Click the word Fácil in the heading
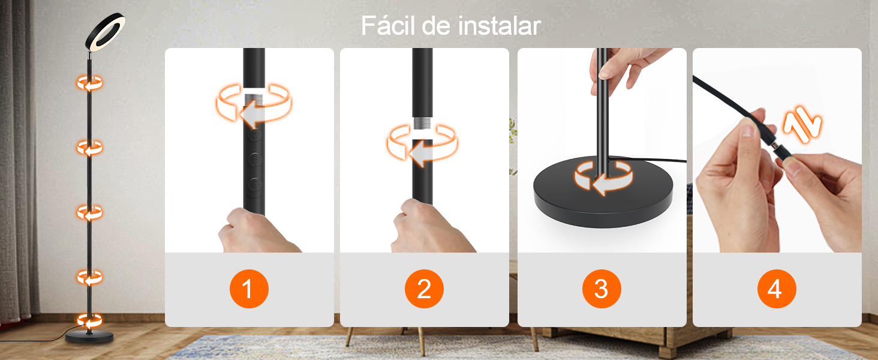point(387,25)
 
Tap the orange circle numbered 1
point(249,289)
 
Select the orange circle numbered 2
point(424,289)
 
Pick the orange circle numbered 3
point(602,289)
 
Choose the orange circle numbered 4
point(777,289)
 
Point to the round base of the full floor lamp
point(89,337)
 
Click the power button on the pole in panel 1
point(255,136)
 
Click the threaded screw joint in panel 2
point(422,123)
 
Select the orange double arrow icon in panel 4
point(802,125)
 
